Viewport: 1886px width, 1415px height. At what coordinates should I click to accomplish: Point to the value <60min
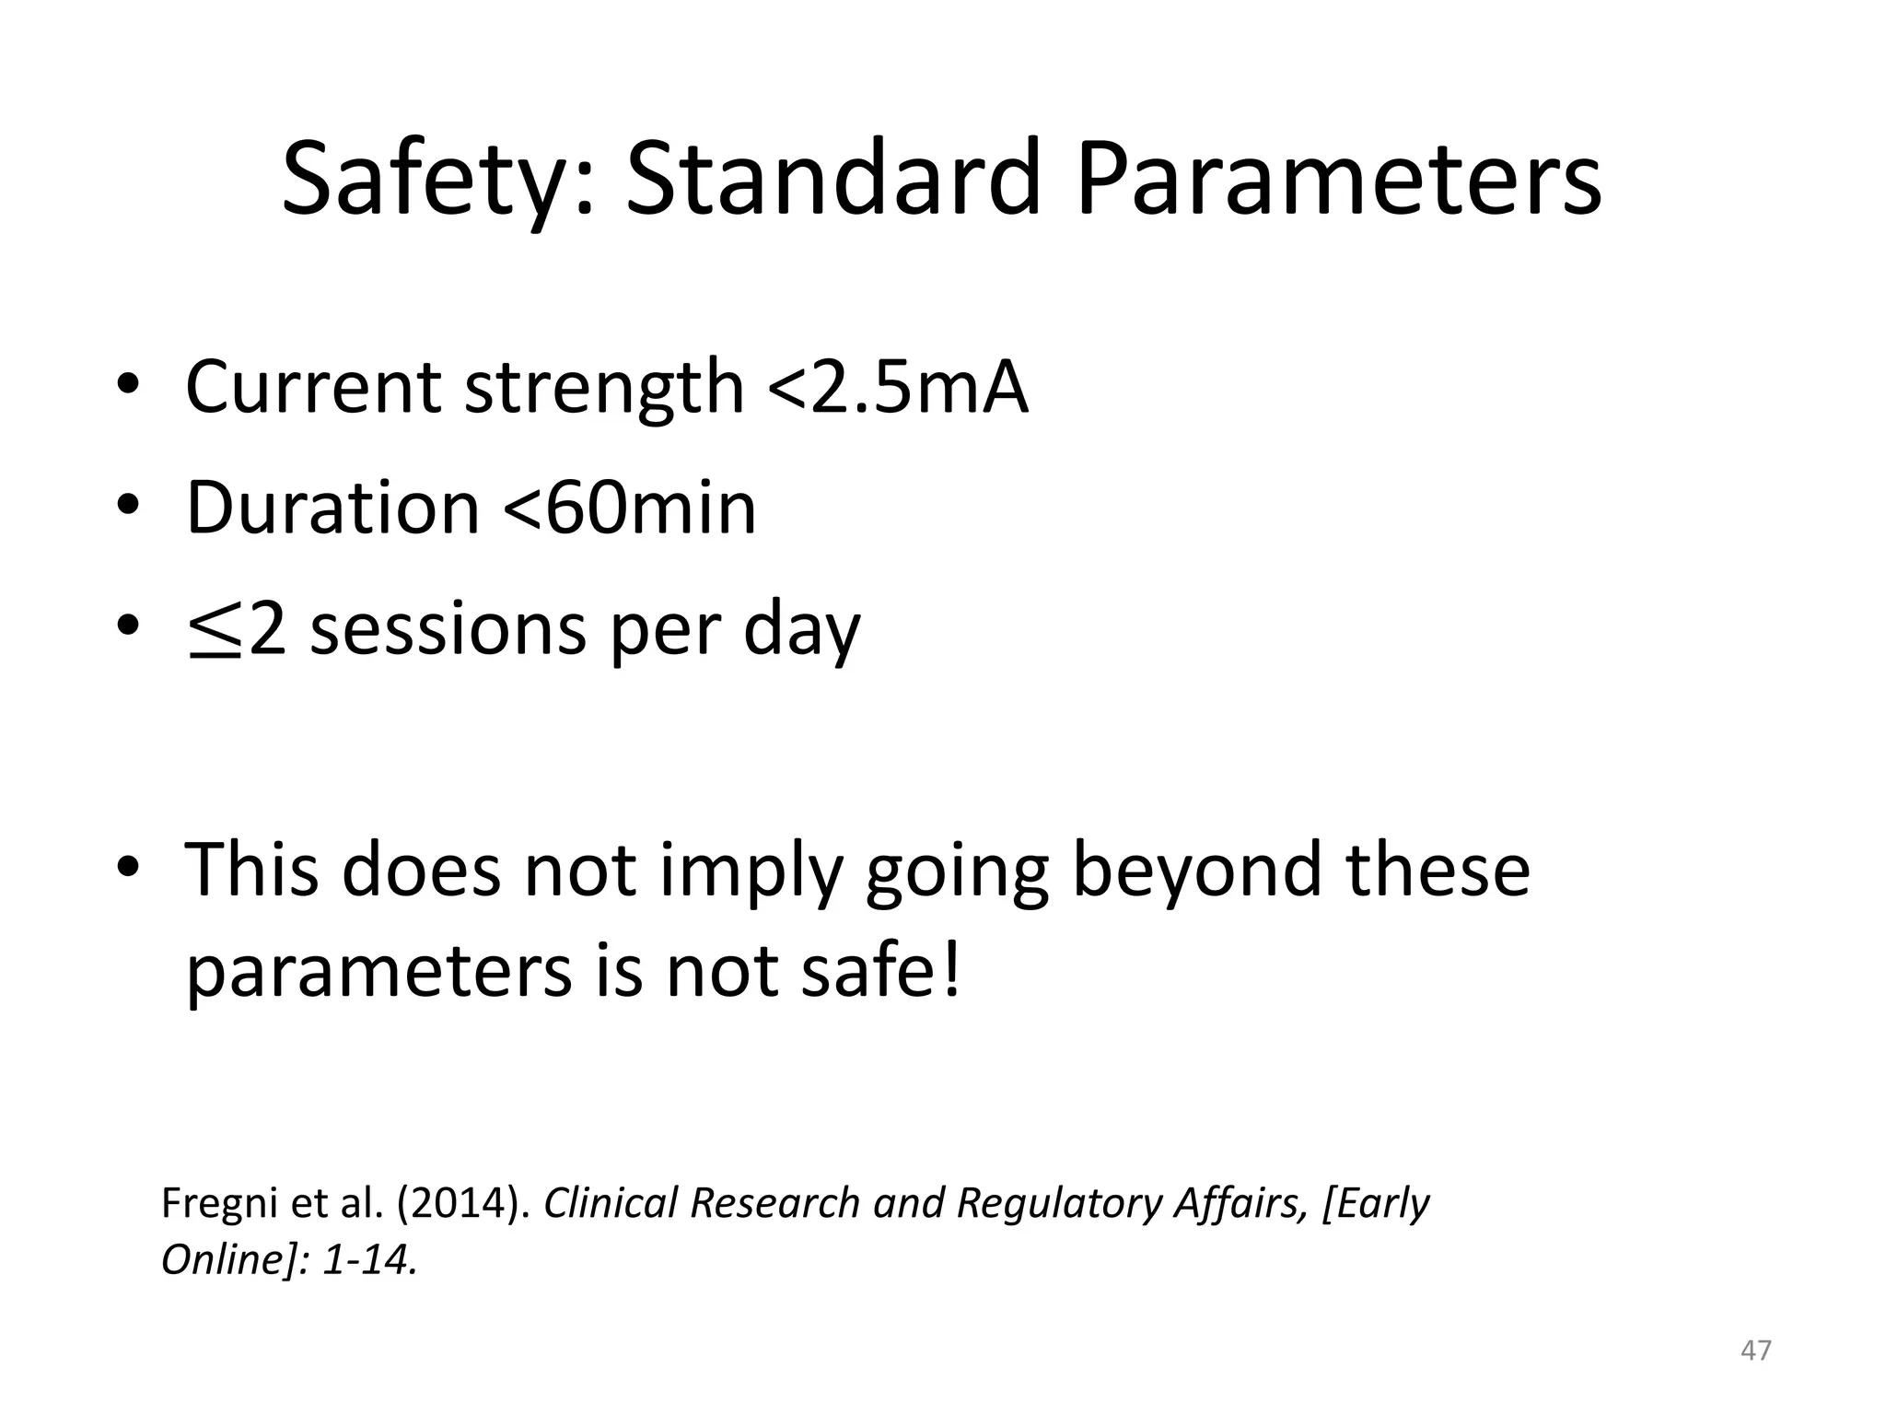630,508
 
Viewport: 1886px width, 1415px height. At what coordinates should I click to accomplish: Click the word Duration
332,508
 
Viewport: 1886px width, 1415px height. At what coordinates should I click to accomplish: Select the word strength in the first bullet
603,387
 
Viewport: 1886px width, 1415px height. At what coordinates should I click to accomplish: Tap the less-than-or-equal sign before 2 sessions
215,631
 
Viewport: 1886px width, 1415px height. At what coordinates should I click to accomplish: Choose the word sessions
448,631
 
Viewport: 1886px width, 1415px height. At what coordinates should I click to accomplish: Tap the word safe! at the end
880,972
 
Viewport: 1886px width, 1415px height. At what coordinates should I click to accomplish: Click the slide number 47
1756,1350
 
